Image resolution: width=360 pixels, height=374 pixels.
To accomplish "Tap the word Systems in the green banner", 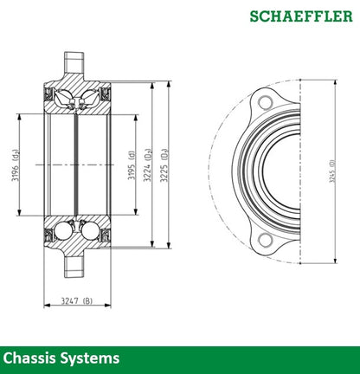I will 91,358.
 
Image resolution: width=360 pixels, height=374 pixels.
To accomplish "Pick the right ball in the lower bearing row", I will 89,231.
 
